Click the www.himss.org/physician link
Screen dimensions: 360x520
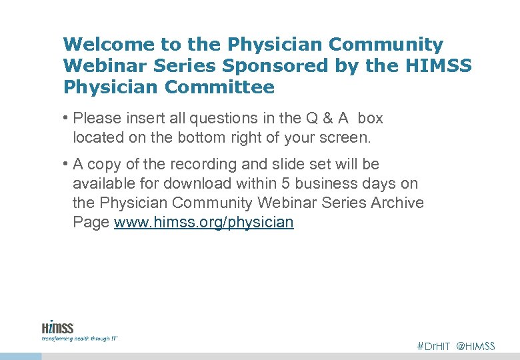pos(204,223)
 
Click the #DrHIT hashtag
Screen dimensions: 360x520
pos(433,346)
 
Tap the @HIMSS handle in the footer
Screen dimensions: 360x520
pos(476,346)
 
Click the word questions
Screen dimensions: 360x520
pos(223,119)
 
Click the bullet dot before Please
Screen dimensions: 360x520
pos(67,119)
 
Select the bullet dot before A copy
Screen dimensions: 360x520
pos(67,164)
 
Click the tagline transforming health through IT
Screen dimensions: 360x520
pos(79,339)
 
